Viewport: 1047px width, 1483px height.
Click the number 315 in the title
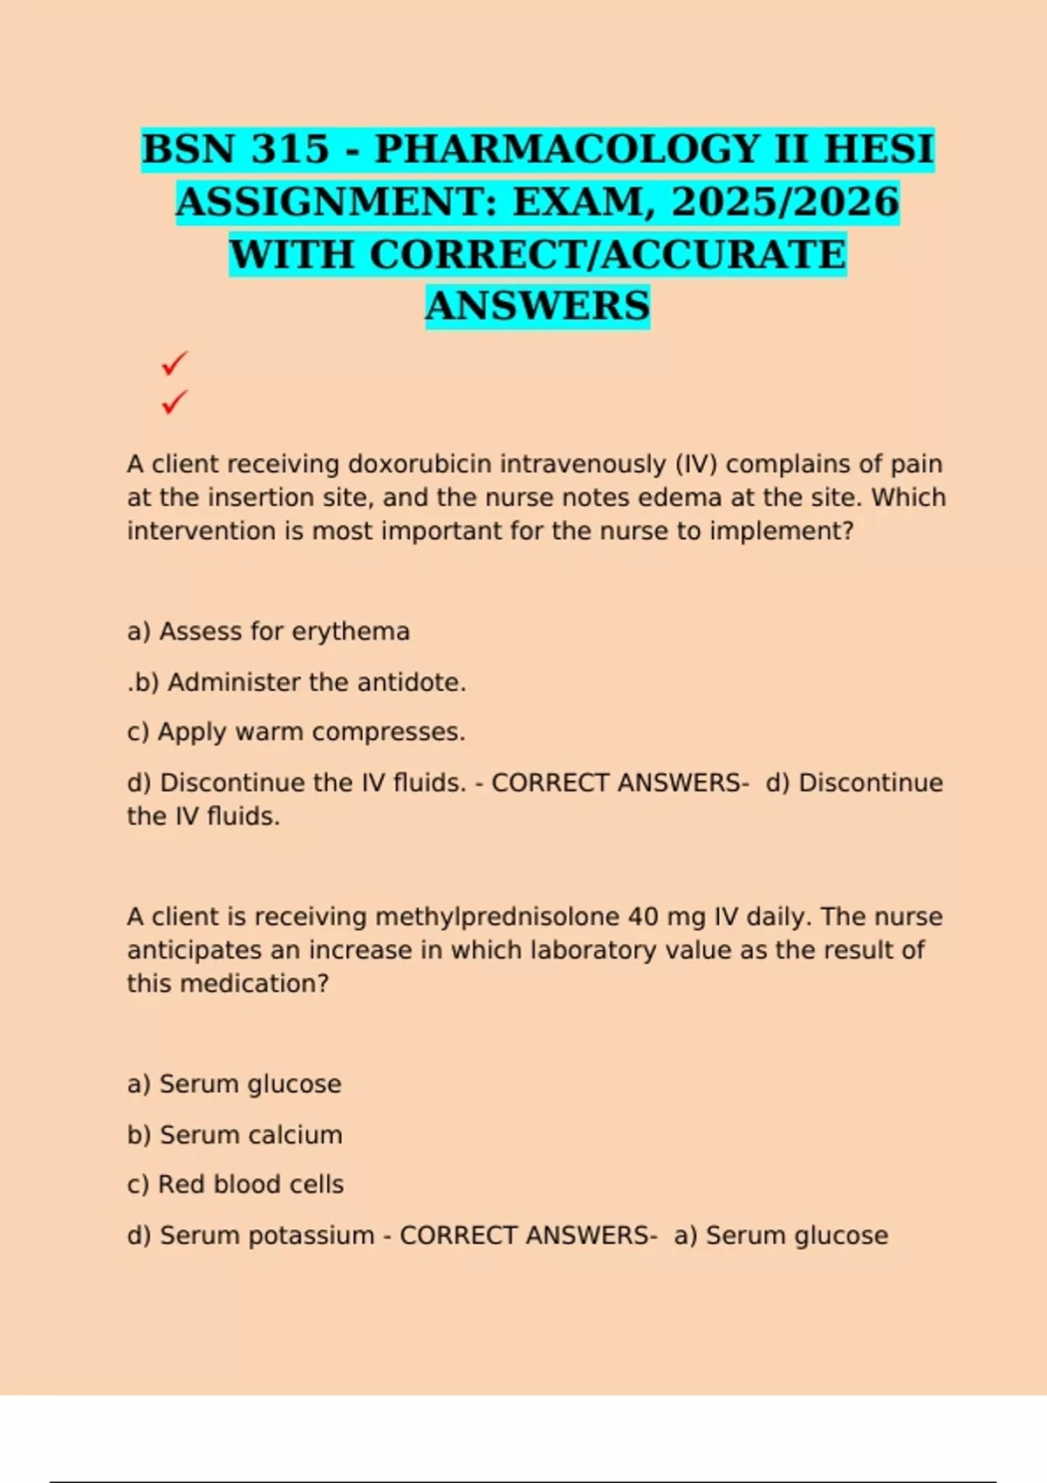pyautogui.click(x=290, y=149)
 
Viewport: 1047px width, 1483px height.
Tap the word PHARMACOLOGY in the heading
pyautogui.click(x=568, y=149)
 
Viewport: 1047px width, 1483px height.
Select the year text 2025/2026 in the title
pyautogui.click(x=784, y=202)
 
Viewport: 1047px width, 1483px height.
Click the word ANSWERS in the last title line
pyautogui.click(x=537, y=306)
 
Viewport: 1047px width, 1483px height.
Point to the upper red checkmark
pyautogui.click(x=174, y=363)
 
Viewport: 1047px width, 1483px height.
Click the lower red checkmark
pyautogui.click(x=174, y=402)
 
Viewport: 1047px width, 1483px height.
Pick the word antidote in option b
pyautogui.click(x=407, y=682)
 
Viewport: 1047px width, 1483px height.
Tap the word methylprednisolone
pyautogui.click(x=496, y=917)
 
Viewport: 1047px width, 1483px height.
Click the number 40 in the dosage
pyautogui.click(x=643, y=917)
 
